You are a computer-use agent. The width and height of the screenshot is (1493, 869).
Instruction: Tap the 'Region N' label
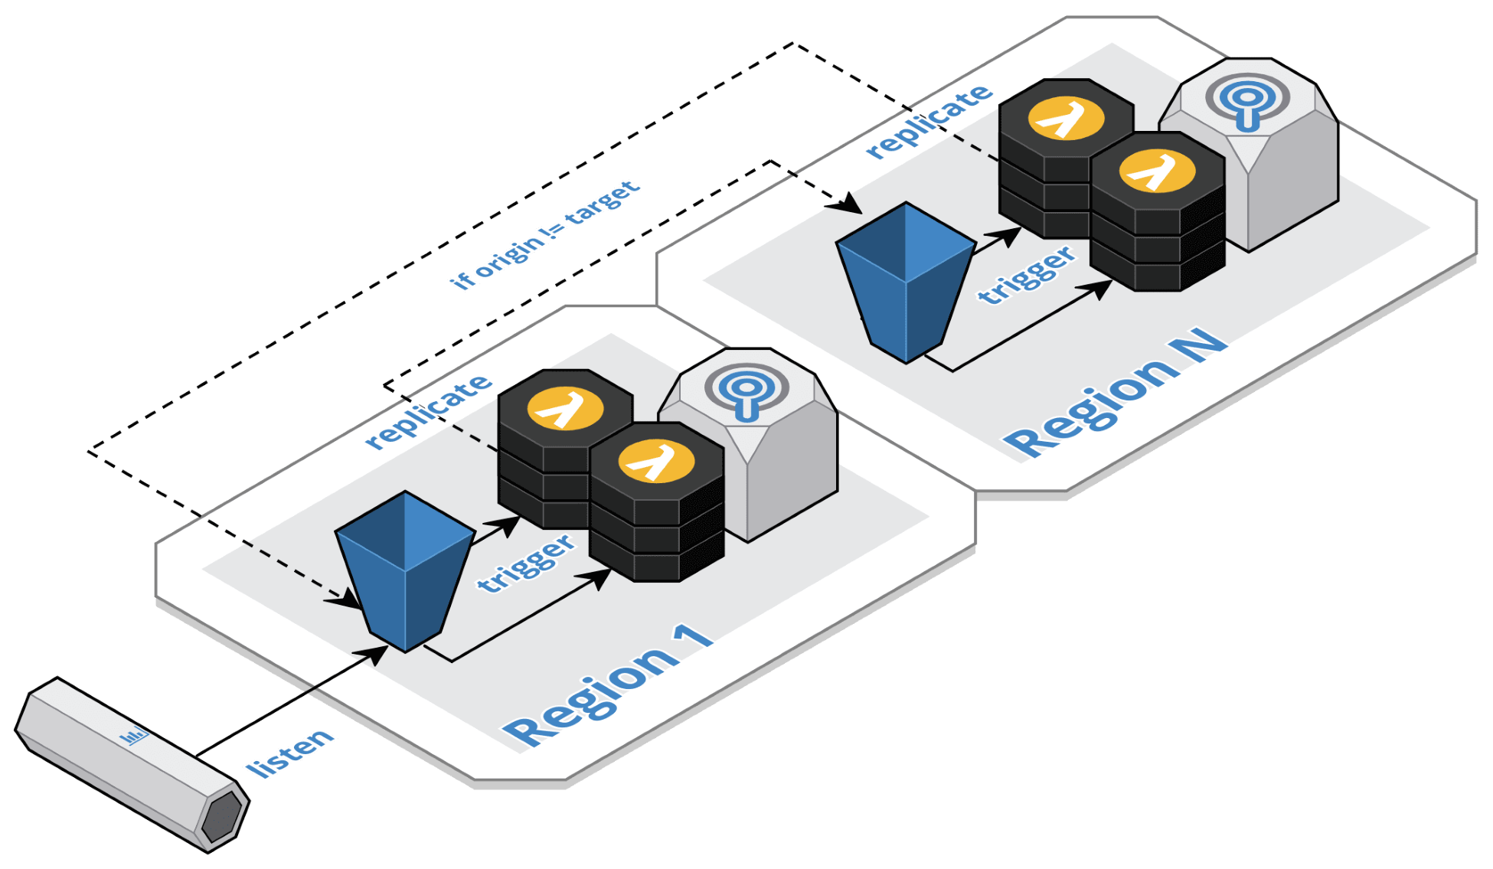1115,394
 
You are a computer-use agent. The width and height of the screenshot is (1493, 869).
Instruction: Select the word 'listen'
289,753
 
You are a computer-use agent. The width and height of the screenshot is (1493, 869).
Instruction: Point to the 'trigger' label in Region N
1027,276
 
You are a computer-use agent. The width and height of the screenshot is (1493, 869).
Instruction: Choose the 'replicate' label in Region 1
428,410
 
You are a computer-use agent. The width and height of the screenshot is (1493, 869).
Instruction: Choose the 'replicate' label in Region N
929,121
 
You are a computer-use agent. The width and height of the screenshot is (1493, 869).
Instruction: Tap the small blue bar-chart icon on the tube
134,737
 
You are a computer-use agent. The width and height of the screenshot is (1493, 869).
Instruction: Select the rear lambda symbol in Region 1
565,408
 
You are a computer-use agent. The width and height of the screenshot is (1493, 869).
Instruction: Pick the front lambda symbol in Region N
1157,171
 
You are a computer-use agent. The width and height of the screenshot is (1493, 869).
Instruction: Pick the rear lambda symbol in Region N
1066,119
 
